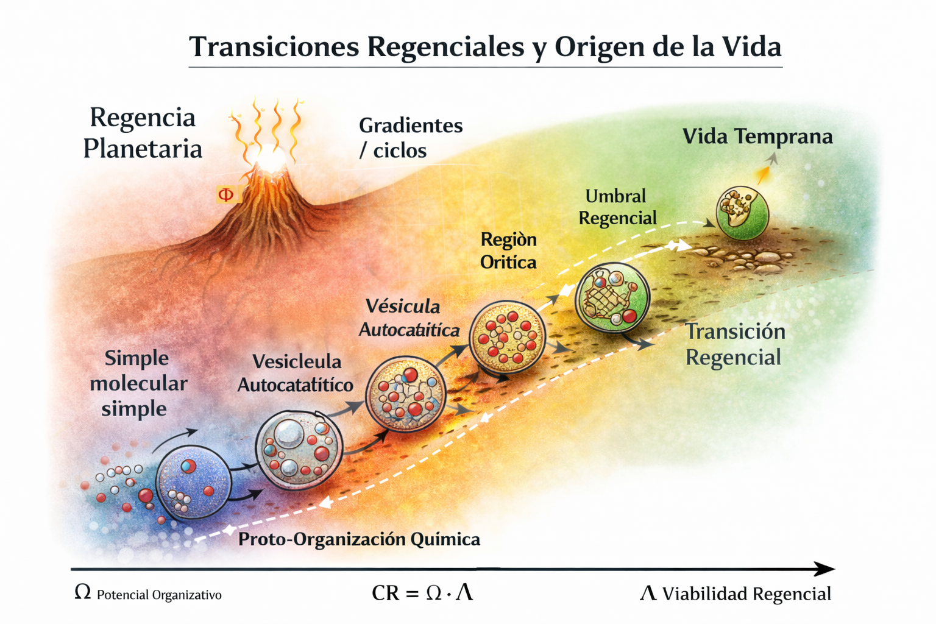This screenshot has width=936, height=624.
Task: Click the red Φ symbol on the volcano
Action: [225, 194]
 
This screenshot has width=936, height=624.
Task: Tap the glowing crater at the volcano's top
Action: [271, 160]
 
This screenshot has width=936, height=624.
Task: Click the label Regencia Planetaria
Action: [143, 133]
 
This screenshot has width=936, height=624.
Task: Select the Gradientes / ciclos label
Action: [410, 138]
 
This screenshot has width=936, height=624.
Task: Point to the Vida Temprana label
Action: [757, 136]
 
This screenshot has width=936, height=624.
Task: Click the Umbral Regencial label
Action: [617, 207]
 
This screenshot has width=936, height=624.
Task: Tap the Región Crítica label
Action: [508, 250]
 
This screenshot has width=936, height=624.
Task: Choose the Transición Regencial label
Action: [734, 344]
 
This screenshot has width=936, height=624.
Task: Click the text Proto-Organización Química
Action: [359, 539]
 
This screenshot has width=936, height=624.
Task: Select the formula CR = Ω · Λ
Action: [422, 592]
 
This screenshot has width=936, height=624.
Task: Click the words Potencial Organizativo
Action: [159, 595]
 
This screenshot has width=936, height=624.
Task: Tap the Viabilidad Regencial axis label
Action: [746, 594]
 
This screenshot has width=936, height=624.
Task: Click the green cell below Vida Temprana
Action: [742, 213]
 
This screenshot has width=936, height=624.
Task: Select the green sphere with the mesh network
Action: [612, 298]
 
